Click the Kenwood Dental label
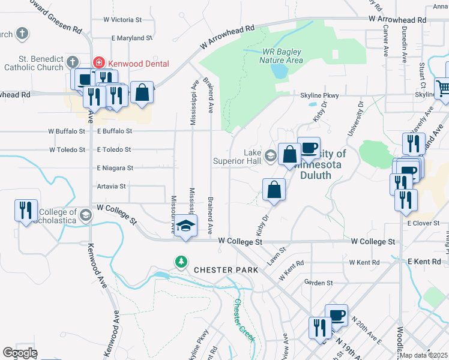pyautogui.click(x=139, y=64)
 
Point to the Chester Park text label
pyautogui.click(x=226, y=270)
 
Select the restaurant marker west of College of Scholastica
pyautogui.click(x=26, y=210)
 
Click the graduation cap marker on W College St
pyautogui.click(x=186, y=226)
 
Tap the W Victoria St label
pyautogui.click(x=122, y=20)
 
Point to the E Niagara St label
pyautogui.click(x=115, y=168)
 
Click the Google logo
pyautogui.click(x=20, y=353)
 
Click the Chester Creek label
pyautogui.click(x=244, y=320)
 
